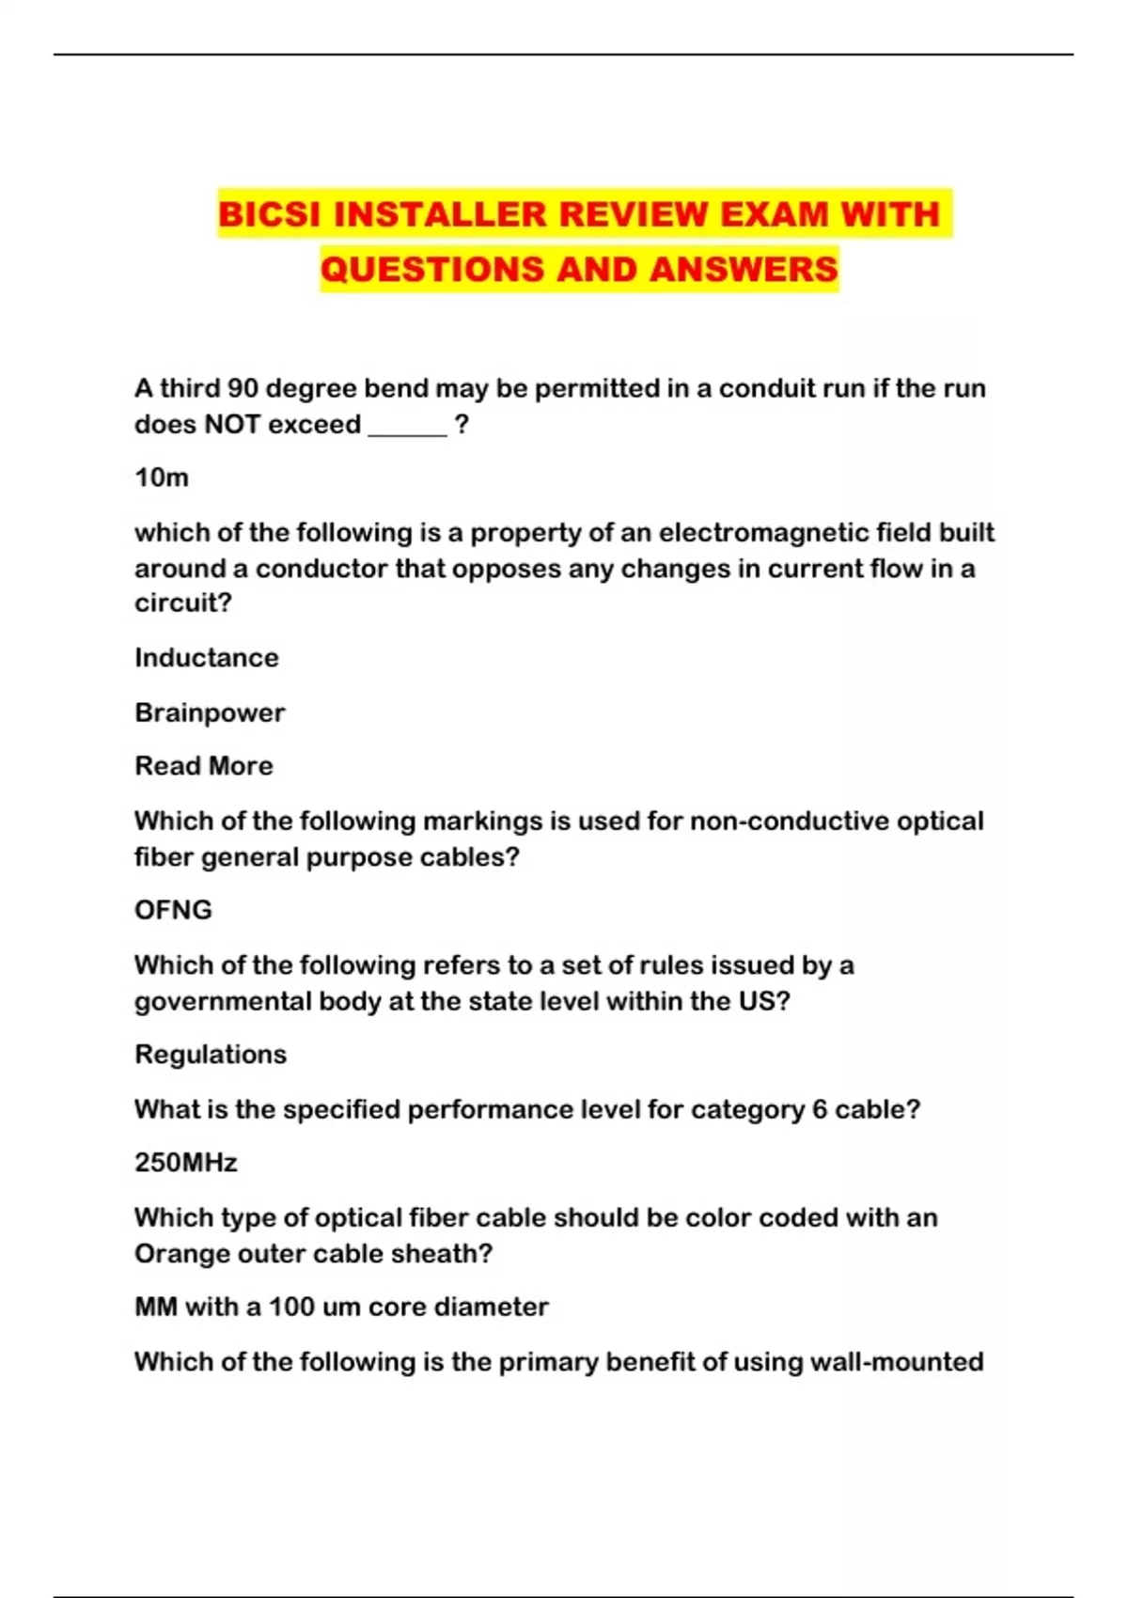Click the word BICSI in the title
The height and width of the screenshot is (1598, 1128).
point(270,214)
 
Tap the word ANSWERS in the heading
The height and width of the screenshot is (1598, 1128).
point(744,270)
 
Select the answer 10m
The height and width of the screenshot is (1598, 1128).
point(162,478)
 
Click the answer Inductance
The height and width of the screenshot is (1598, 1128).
point(207,657)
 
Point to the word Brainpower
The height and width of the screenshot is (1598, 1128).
point(210,713)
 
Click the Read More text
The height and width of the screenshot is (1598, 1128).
point(204,766)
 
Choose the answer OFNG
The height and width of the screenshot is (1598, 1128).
point(173,910)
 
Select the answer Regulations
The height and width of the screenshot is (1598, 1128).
point(211,1054)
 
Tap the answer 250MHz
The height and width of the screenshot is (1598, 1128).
point(186,1163)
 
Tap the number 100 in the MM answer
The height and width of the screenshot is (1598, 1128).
point(291,1307)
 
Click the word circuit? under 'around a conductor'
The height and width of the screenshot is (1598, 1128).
point(183,603)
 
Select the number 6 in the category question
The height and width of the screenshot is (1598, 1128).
point(820,1109)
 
